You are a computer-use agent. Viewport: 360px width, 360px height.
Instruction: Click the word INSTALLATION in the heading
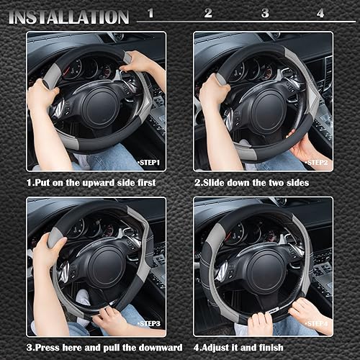[x=69, y=16]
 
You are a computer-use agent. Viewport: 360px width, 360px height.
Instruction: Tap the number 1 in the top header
[x=150, y=13]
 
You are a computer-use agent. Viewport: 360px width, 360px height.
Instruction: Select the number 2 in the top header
[x=208, y=13]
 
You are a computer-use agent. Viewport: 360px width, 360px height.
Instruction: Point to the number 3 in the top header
[x=264, y=13]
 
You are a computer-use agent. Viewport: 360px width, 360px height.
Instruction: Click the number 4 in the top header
[x=320, y=13]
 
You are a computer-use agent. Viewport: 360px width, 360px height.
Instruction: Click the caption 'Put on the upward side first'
[x=91, y=183]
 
